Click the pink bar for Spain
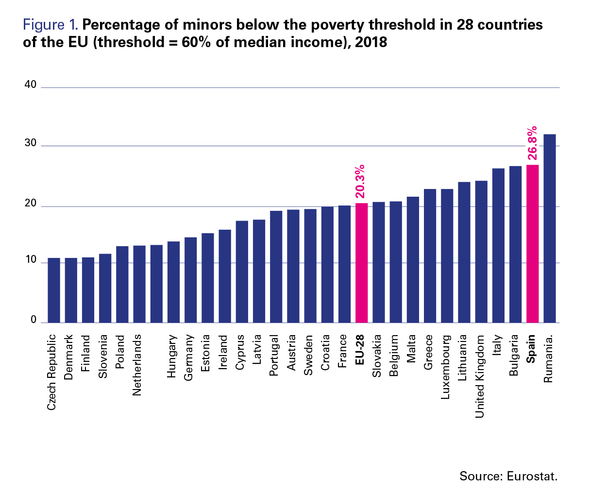point(532,244)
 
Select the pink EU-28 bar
point(361,263)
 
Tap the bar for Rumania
point(550,228)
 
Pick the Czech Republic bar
point(54,290)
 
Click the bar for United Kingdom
point(481,252)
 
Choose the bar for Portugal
point(276,267)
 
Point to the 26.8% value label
point(532,143)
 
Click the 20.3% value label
point(360,182)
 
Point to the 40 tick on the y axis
point(31,84)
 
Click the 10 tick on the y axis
point(31,259)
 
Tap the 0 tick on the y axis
point(34,320)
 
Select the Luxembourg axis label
point(446,367)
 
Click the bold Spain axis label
point(531,349)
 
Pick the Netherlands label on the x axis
point(137,365)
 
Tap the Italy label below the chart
point(497,345)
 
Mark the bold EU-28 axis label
point(360,350)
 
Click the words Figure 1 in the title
point(51,25)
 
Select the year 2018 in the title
point(371,42)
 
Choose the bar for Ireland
point(225,276)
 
